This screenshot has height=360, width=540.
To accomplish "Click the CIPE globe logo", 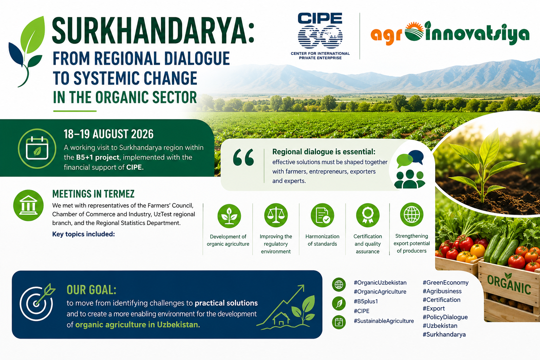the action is pos(320,36).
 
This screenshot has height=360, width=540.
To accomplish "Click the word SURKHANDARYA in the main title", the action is pos(153,30).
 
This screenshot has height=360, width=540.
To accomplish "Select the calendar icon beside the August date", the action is pos(37,148).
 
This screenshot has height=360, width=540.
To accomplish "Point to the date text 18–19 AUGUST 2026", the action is pos(109,134).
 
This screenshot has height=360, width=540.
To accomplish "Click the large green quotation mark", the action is pos(244,157).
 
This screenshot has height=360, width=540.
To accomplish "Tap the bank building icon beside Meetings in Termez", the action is pos(28,205).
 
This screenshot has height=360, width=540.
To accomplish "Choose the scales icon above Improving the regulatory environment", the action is pos(276,215).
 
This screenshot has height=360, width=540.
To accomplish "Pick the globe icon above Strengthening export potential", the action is pos(412,214).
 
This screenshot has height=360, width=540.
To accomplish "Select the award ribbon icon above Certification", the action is pos(368,215).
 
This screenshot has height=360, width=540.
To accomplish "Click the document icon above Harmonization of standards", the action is pos(322,215).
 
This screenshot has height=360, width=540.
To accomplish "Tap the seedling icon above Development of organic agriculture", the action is pos(229,216).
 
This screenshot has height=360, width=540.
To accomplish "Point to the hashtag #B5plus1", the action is pos(366,301).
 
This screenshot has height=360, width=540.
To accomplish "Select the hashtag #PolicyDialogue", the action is pos(445,317).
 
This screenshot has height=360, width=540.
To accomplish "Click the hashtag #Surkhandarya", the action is pos(444,334).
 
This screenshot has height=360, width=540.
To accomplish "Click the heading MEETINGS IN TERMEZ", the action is pos(93,194).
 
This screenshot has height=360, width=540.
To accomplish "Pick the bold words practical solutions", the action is pos(226,303).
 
